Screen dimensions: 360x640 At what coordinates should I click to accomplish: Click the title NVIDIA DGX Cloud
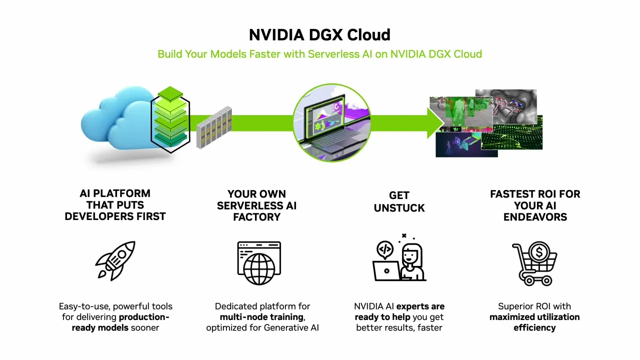tap(319, 34)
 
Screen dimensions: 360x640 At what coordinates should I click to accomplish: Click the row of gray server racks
tap(214, 127)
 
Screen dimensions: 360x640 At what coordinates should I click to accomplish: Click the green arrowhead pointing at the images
tap(435, 122)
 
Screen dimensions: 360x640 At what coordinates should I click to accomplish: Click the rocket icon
tap(115, 260)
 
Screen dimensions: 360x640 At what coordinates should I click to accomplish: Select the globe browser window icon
tap(259, 263)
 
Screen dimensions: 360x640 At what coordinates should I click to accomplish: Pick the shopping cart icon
tap(534, 263)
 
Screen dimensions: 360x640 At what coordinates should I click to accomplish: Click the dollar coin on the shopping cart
tap(539, 252)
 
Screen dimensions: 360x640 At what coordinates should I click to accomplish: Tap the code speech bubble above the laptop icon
tap(385, 248)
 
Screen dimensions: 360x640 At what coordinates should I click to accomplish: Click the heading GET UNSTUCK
tap(399, 201)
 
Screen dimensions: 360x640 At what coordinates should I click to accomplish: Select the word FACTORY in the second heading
tap(256, 217)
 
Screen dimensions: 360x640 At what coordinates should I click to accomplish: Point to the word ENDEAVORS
tap(535, 217)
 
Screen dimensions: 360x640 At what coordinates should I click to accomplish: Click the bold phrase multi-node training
tap(261, 317)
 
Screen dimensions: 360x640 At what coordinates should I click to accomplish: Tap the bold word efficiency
tap(534, 328)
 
